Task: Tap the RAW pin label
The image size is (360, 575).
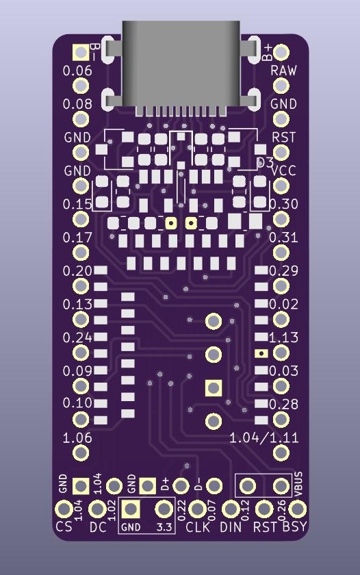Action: point(283,70)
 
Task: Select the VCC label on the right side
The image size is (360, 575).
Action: point(283,170)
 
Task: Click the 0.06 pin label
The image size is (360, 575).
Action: point(77,71)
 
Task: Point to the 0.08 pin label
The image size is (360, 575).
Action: point(77,104)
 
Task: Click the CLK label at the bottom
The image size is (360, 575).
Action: point(198,527)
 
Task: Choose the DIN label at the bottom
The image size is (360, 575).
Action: point(231,527)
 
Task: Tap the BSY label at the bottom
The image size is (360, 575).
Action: point(295,527)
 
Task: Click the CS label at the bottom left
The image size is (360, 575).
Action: point(64,527)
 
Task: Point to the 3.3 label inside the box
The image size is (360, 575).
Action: point(164,527)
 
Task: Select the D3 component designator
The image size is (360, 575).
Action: point(265,162)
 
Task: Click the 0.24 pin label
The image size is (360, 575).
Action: point(77,337)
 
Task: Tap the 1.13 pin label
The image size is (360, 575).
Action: point(283,337)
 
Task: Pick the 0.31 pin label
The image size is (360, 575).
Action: point(283,238)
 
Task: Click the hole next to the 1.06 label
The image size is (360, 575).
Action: point(81,452)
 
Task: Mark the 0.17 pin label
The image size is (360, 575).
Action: point(77,238)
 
